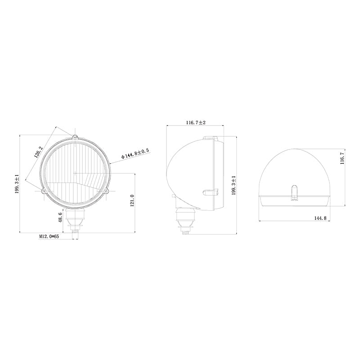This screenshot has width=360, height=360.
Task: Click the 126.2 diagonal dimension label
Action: [38, 152]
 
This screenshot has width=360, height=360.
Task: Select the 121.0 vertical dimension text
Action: [132, 201]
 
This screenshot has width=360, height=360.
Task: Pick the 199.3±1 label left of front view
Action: [17, 184]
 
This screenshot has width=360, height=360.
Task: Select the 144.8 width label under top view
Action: [319, 218]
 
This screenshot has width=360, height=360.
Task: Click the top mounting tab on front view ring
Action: [75, 137]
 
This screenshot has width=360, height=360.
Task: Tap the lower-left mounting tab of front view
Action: [44, 191]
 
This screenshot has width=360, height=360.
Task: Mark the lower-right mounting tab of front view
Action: [107, 192]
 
